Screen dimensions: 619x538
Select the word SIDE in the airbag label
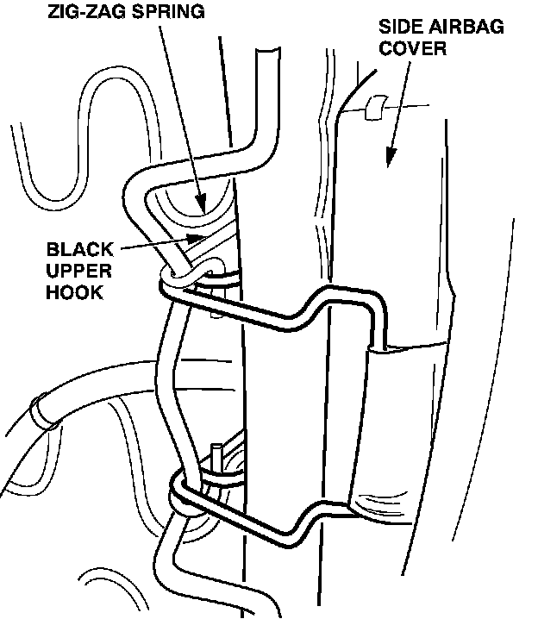[x=398, y=27]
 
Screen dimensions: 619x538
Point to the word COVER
[x=413, y=48]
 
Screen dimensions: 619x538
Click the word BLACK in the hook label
[x=79, y=250]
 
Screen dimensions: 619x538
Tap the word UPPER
[x=78, y=272]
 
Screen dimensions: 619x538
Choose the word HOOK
[x=75, y=293]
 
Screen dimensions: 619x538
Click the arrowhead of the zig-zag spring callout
[x=202, y=207]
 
